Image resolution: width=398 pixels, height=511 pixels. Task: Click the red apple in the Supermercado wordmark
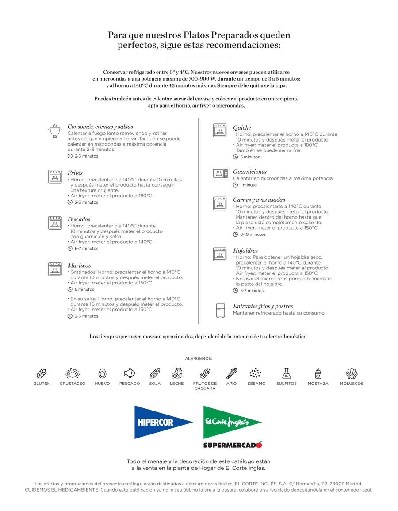tap(259, 444)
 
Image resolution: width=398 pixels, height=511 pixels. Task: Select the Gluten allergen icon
tap(42, 373)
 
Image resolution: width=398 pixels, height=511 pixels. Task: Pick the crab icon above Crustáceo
tap(73, 373)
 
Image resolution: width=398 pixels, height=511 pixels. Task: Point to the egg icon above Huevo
tap(102, 373)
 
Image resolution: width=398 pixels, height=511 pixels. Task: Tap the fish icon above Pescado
tap(130, 373)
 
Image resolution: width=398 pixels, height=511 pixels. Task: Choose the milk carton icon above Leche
tap(177, 373)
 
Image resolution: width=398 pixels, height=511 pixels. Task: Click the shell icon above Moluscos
tap(352, 373)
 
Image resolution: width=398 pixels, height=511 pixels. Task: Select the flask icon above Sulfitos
tap(287, 373)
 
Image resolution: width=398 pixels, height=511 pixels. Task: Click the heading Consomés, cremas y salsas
tap(100, 127)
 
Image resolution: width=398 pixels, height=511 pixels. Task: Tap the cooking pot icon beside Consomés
tap(55, 131)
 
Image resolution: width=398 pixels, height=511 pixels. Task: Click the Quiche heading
tap(242, 128)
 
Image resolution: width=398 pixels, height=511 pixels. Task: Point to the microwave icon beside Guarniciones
tap(220, 173)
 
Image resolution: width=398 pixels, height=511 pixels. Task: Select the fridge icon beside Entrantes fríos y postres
tap(220, 310)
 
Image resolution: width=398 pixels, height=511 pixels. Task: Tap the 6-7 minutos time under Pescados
tap(86, 249)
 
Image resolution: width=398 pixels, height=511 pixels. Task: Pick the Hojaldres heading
tap(245, 251)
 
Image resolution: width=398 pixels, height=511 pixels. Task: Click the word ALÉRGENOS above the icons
tap(199, 358)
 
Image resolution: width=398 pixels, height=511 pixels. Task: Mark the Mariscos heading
tap(79, 265)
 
